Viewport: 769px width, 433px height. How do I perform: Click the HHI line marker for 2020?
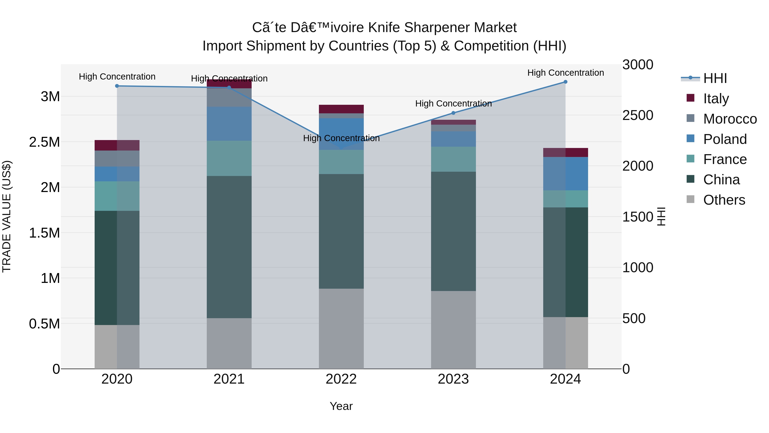coord(117,86)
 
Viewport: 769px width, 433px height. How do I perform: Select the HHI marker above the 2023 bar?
coord(453,113)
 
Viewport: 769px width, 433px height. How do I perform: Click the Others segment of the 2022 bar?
coord(341,328)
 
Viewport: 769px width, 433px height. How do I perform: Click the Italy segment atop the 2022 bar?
coord(341,109)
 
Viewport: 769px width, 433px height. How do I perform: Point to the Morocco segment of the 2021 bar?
coord(229,98)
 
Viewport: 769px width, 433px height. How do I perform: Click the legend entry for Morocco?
coord(730,119)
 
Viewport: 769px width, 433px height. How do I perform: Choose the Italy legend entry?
coord(716,99)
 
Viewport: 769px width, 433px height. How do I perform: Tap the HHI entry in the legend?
coord(715,78)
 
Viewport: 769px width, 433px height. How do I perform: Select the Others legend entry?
coord(724,200)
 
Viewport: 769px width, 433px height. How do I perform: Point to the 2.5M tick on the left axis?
coord(44,142)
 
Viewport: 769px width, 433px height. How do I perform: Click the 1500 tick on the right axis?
coord(638,217)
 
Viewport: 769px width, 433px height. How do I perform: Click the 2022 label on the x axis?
coord(341,379)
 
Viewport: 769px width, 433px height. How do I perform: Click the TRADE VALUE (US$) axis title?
coord(7,216)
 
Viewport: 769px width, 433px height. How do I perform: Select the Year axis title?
coord(341,406)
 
